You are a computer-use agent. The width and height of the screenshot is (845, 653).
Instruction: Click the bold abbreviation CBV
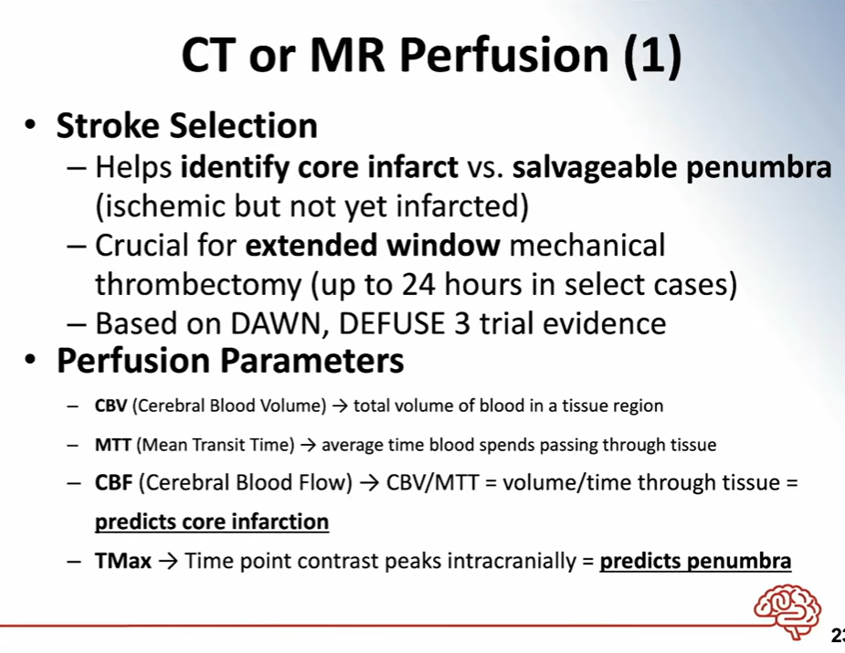pos(111,405)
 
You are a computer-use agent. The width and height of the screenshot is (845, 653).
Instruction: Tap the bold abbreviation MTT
pos(112,445)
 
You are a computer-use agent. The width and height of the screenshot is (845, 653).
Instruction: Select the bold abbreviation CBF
pos(113,482)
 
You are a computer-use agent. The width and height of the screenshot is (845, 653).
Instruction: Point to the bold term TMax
pos(123,561)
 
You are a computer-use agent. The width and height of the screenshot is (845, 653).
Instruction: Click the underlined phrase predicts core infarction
pos(212,522)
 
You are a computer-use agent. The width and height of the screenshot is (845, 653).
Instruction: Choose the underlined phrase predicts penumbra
pos(695,562)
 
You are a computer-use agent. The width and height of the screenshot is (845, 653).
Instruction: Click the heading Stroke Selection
pos(186,125)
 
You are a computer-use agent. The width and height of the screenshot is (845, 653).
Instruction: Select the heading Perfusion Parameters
pos(230,361)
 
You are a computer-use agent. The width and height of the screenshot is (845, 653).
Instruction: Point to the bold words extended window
pos(373,245)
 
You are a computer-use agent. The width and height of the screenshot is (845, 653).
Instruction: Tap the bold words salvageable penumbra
pos(671,167)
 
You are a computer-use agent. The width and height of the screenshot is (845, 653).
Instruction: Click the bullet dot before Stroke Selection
pos(31,124)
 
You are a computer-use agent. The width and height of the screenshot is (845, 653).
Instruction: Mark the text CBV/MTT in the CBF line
pos(432,482)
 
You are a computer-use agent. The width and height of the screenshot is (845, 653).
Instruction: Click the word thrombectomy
pos(198,284)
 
